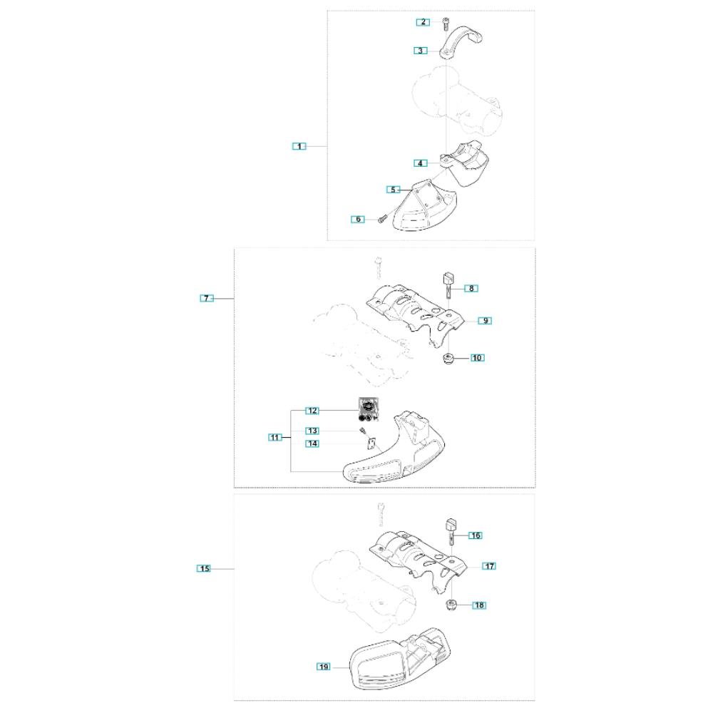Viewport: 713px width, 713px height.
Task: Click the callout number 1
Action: click(299, 146)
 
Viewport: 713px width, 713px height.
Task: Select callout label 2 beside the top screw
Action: click(424, 22)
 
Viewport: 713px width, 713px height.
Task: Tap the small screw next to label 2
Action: click(445, 24)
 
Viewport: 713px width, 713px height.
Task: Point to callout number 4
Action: click(420, 163)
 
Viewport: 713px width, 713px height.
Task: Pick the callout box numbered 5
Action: click(394, 190)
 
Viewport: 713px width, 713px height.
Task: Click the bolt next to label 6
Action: click(381, 219)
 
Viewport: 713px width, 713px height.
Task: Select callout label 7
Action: click(207, 298)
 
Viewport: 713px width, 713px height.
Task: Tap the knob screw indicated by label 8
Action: click(448, 284)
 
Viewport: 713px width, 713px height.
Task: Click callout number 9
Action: click(485, 321)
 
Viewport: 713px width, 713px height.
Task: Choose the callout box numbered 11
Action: click(275, 437)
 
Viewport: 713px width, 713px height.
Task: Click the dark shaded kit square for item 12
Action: click(369, 409)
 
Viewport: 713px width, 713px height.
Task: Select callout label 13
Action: click(312, 431)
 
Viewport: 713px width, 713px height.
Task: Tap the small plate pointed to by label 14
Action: click(371, 443)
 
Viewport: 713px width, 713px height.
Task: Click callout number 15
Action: click(204, 568)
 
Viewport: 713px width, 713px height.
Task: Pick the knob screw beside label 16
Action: click(451, 531)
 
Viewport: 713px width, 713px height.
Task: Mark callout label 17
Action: click(489, 566)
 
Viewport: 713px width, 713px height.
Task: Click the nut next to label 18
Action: click(451, 605)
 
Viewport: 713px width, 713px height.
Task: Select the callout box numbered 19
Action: click(323, 667)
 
